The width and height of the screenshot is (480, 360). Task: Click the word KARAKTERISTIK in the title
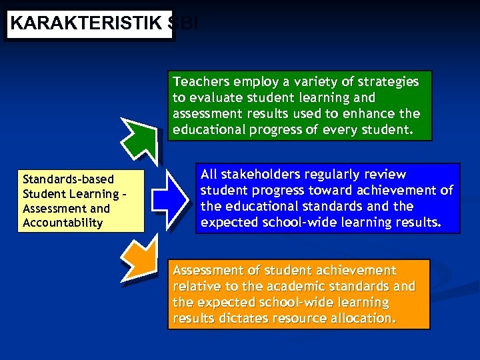pos(86,23)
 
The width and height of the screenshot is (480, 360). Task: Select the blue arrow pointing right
pos(169,198)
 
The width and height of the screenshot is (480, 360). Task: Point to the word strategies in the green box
pos(387,81)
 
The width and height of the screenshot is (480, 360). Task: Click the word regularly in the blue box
pos(336,175)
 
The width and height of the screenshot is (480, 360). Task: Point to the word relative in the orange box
pos(196,287)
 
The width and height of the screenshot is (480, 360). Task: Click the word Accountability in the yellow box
pos(63,223)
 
